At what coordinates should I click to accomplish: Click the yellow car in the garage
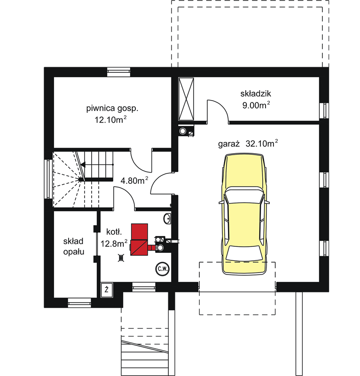coord(244,214)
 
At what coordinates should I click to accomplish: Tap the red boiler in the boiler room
coord(139,240)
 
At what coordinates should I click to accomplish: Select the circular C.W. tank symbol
coord(162,269)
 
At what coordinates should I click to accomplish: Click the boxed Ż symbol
coord(107,290)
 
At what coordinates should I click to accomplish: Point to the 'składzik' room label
coord(255,94)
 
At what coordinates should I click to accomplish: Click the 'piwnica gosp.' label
coord(112,109)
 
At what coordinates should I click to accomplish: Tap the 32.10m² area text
coord(262,143)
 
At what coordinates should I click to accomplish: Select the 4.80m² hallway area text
coord(134,180)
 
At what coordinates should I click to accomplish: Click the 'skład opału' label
coord(74,246)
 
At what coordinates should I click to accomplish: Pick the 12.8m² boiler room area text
coord(114,243)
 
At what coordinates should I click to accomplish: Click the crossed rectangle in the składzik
coord(186,99)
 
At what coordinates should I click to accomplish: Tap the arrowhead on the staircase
coord(83,164)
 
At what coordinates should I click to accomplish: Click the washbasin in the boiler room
coord(167,219)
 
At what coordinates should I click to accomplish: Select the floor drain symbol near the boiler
coord(121,258)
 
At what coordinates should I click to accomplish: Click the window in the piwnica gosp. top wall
coord(118,72)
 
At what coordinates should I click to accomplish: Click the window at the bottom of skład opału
coord(79,303)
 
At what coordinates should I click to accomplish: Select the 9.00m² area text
coord(256,105)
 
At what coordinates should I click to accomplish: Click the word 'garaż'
coord(229,144)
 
